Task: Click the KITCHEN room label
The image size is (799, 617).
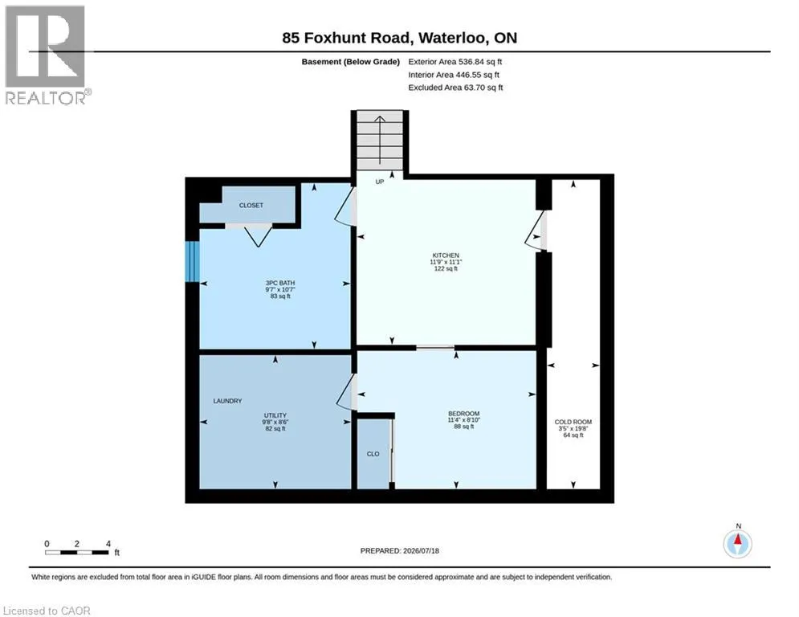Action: pos(446,255)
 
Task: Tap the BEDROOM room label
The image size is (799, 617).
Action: pos(463,414)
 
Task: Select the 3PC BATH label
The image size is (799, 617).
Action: pos(280,283)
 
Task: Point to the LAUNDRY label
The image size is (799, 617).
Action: pos(227,401)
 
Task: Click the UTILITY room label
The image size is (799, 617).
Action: pos(275,415)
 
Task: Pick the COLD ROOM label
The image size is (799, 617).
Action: pos(573,423)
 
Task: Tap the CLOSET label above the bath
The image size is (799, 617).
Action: pos(251,206)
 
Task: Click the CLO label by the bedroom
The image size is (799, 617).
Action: pos(373,454)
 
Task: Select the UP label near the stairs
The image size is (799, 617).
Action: pos(380,182)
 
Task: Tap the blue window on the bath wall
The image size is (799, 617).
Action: pos(192,261)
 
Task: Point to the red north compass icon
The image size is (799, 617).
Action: pos(737,544)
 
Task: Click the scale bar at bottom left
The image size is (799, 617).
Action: pos(77,552)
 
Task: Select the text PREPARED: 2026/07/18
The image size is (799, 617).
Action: pos(400,550)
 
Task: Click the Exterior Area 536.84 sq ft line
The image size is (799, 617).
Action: pos(455,62)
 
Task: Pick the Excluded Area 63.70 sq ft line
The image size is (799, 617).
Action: pos(455,88)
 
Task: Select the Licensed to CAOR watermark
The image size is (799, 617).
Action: pos(47,611)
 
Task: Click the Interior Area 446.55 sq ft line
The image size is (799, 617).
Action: pos(454,75)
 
